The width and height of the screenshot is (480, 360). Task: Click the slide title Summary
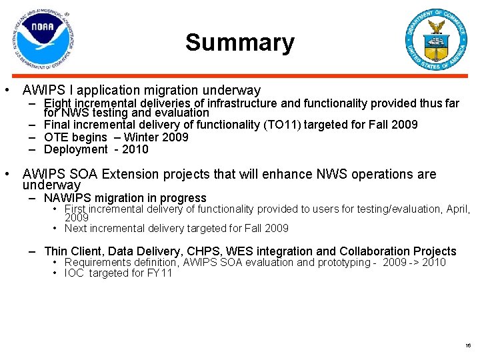239,43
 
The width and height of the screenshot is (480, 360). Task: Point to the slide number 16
468,345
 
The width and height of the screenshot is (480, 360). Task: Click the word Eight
57,103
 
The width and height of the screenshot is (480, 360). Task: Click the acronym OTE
56,137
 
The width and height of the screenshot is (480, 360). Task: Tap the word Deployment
75,149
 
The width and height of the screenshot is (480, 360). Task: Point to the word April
458,209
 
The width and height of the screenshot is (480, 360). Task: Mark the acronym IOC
75,273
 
